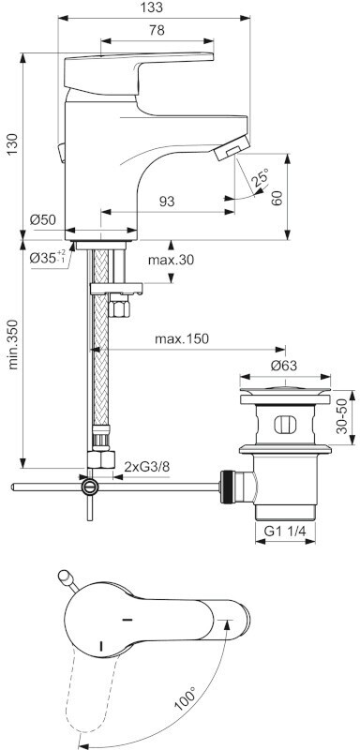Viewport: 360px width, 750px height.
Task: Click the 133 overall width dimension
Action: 153,7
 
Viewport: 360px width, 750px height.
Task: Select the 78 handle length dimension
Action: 157,30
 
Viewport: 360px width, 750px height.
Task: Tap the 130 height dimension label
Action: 12,144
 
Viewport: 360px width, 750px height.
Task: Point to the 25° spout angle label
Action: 260,178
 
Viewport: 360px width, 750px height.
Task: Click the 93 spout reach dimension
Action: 166,202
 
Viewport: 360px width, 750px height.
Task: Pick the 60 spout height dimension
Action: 277,197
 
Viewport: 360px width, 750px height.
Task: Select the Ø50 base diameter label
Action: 42,220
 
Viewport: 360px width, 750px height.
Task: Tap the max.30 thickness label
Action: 171,260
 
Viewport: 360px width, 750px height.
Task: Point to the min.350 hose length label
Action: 13,344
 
